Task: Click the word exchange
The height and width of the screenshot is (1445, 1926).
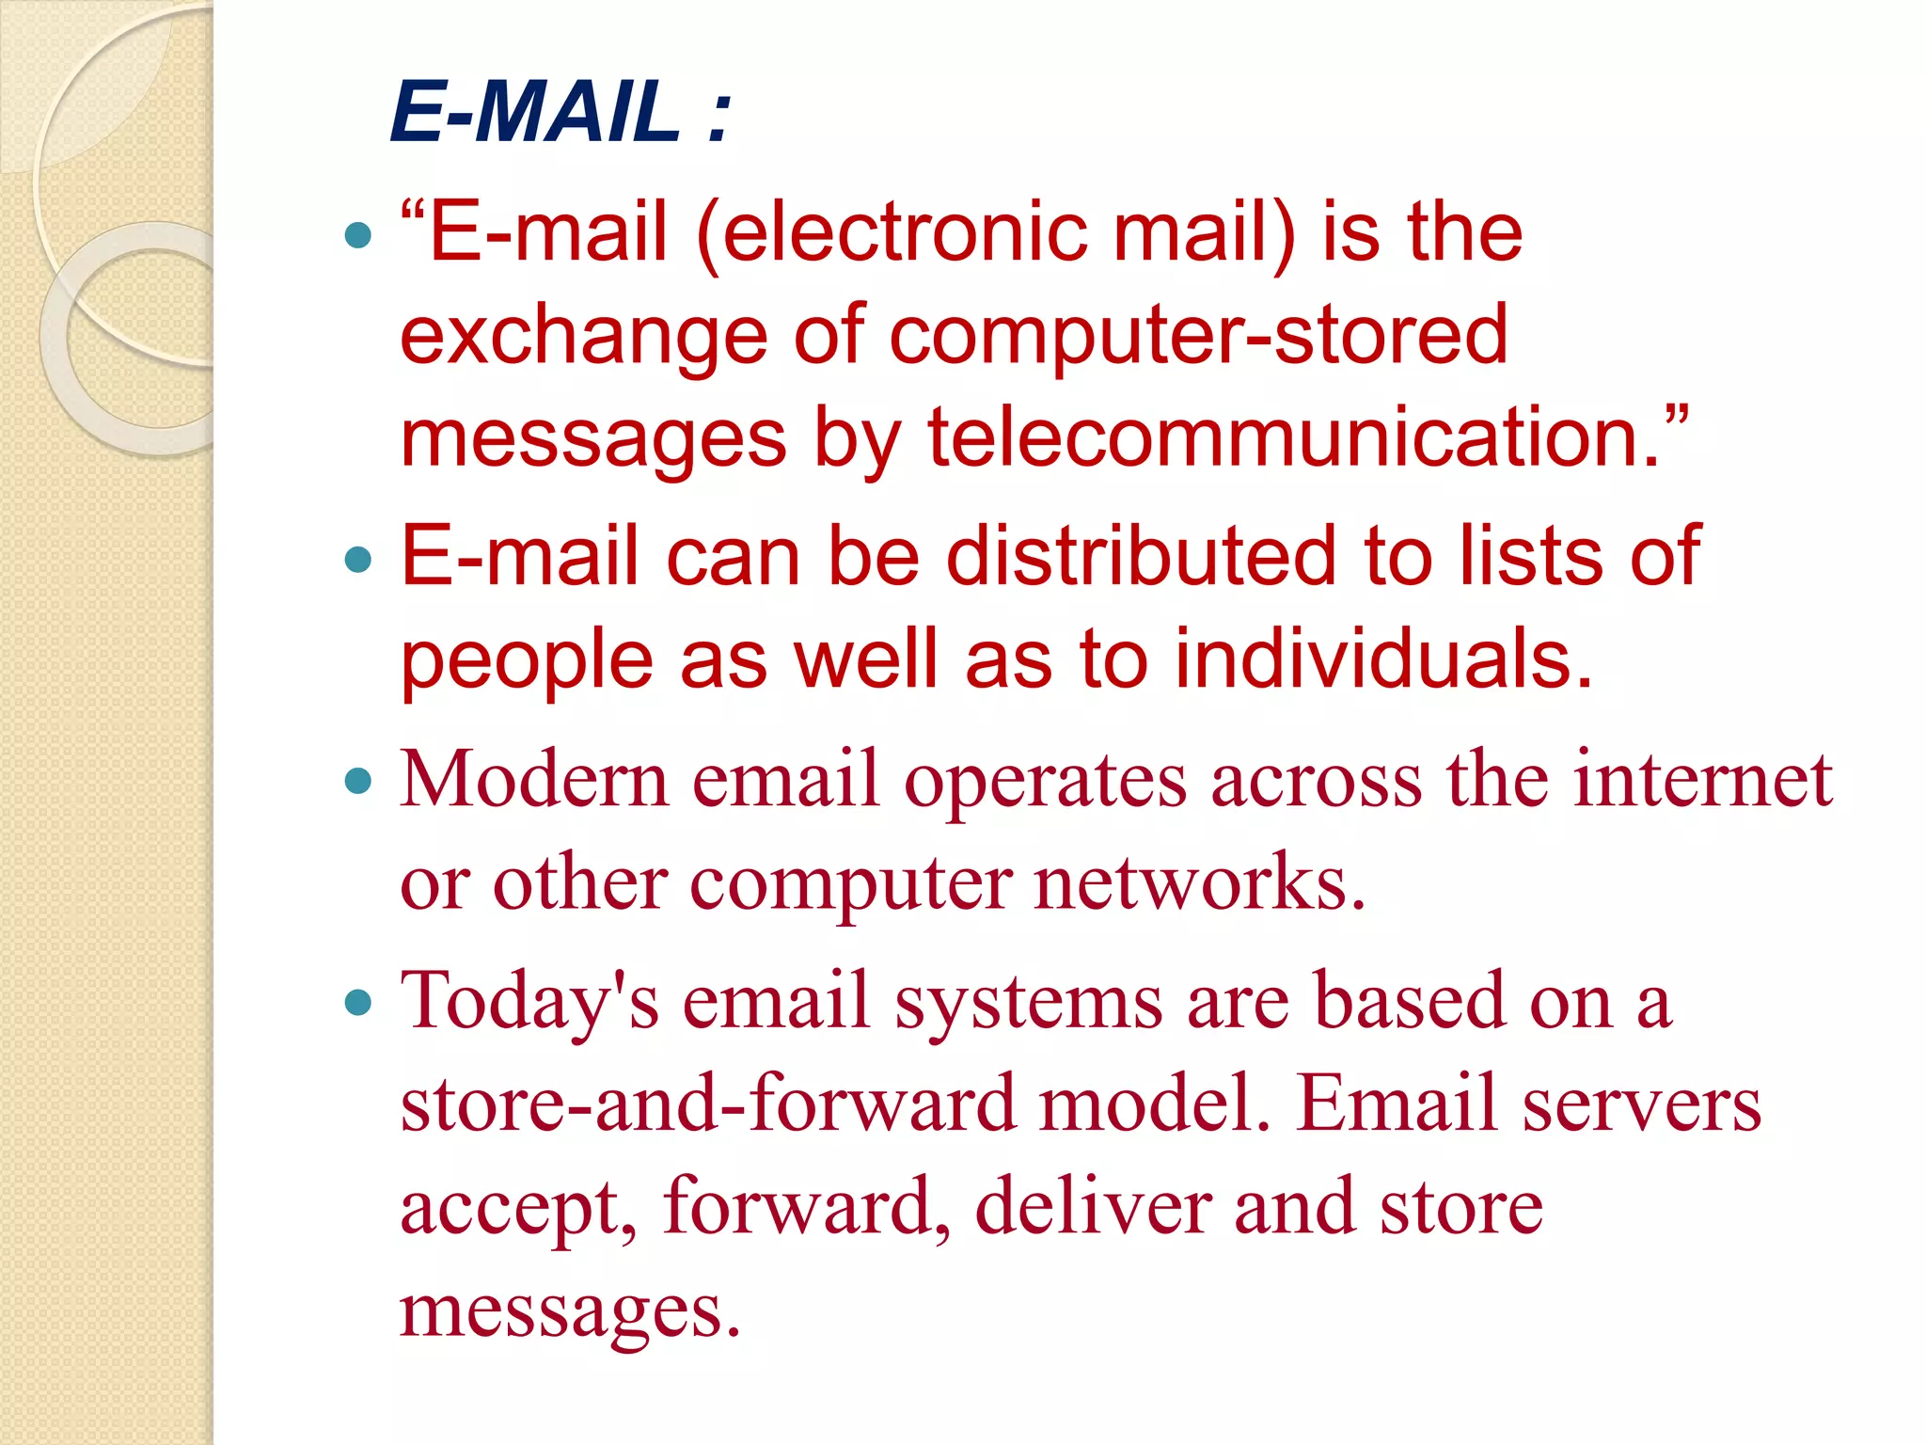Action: [x=583, y=337]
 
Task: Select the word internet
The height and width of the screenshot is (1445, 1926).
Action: [x=1703, y=781]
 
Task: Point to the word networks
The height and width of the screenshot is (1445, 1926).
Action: [x=1199, y=883]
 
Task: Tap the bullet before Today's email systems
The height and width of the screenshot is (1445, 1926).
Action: [x=358, y=1002]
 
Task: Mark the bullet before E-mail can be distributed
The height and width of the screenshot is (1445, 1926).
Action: [x=358, y=561]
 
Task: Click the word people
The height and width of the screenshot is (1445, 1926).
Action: [x=527, y=661]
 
